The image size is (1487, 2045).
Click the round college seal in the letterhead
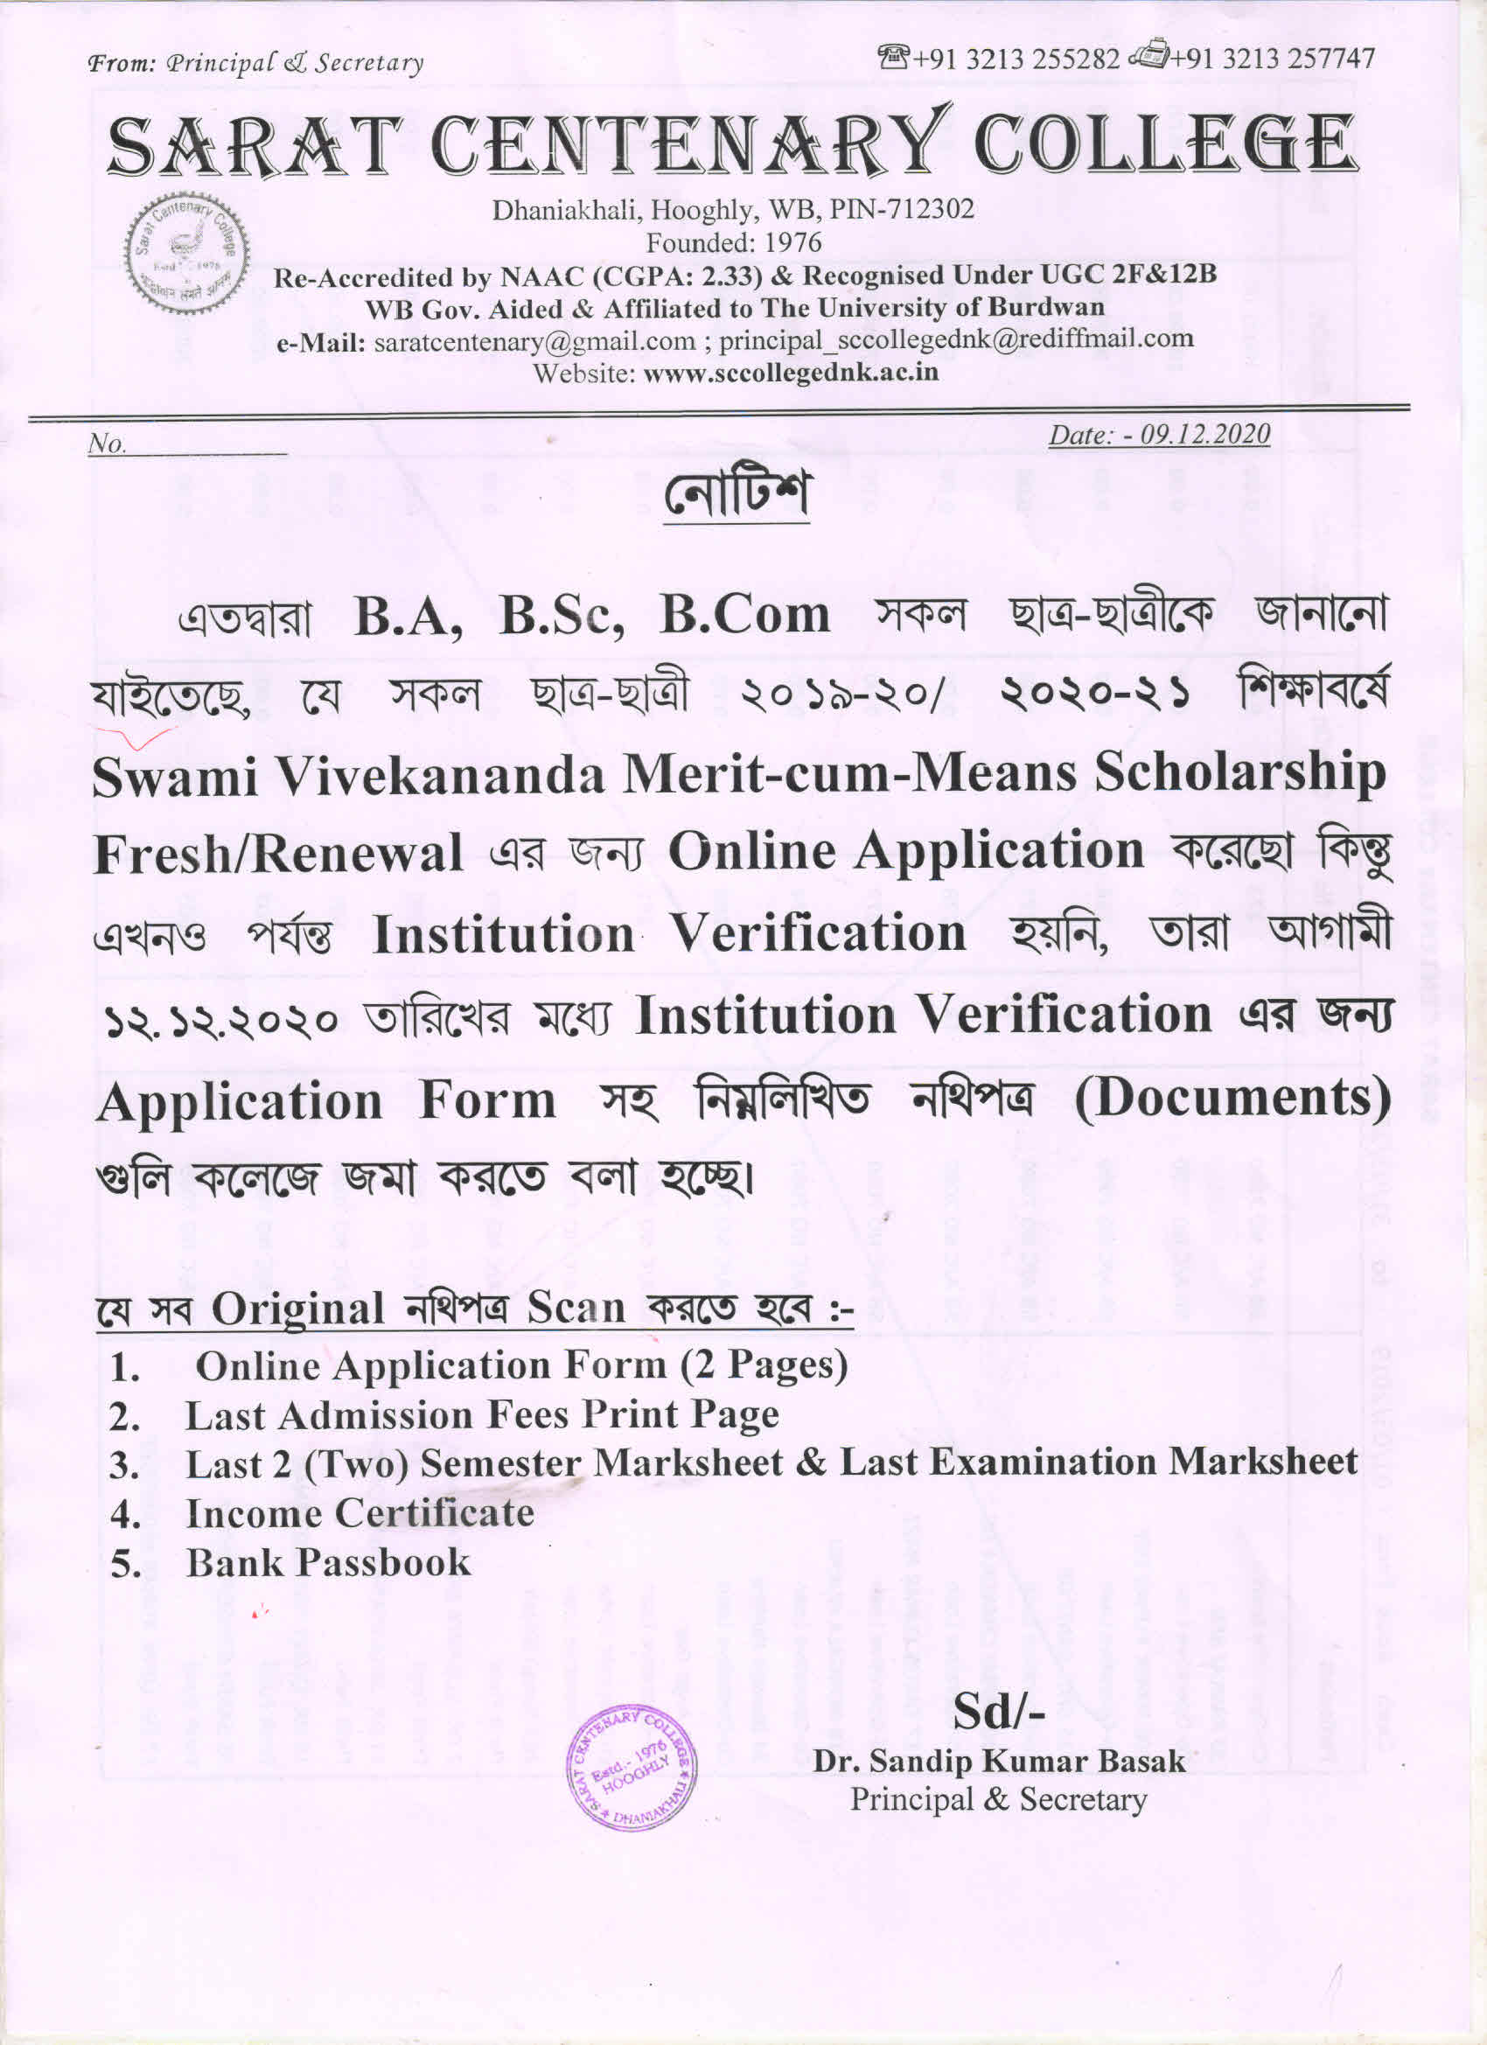pos(185,254)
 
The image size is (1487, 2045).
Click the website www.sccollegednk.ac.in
pos(791,373)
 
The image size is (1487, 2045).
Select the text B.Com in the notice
pos(745,616)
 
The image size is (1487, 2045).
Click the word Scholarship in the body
pos(1240,773)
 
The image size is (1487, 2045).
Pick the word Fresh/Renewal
pos(279,853)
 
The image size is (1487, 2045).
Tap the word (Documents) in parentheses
pos(1232,1099)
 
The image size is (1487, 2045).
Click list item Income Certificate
pos(360,1513)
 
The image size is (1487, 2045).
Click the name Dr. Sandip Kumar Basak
pos(998,1761)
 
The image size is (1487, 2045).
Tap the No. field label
pos(107,443)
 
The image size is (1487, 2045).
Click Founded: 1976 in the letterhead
pos(733,242)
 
